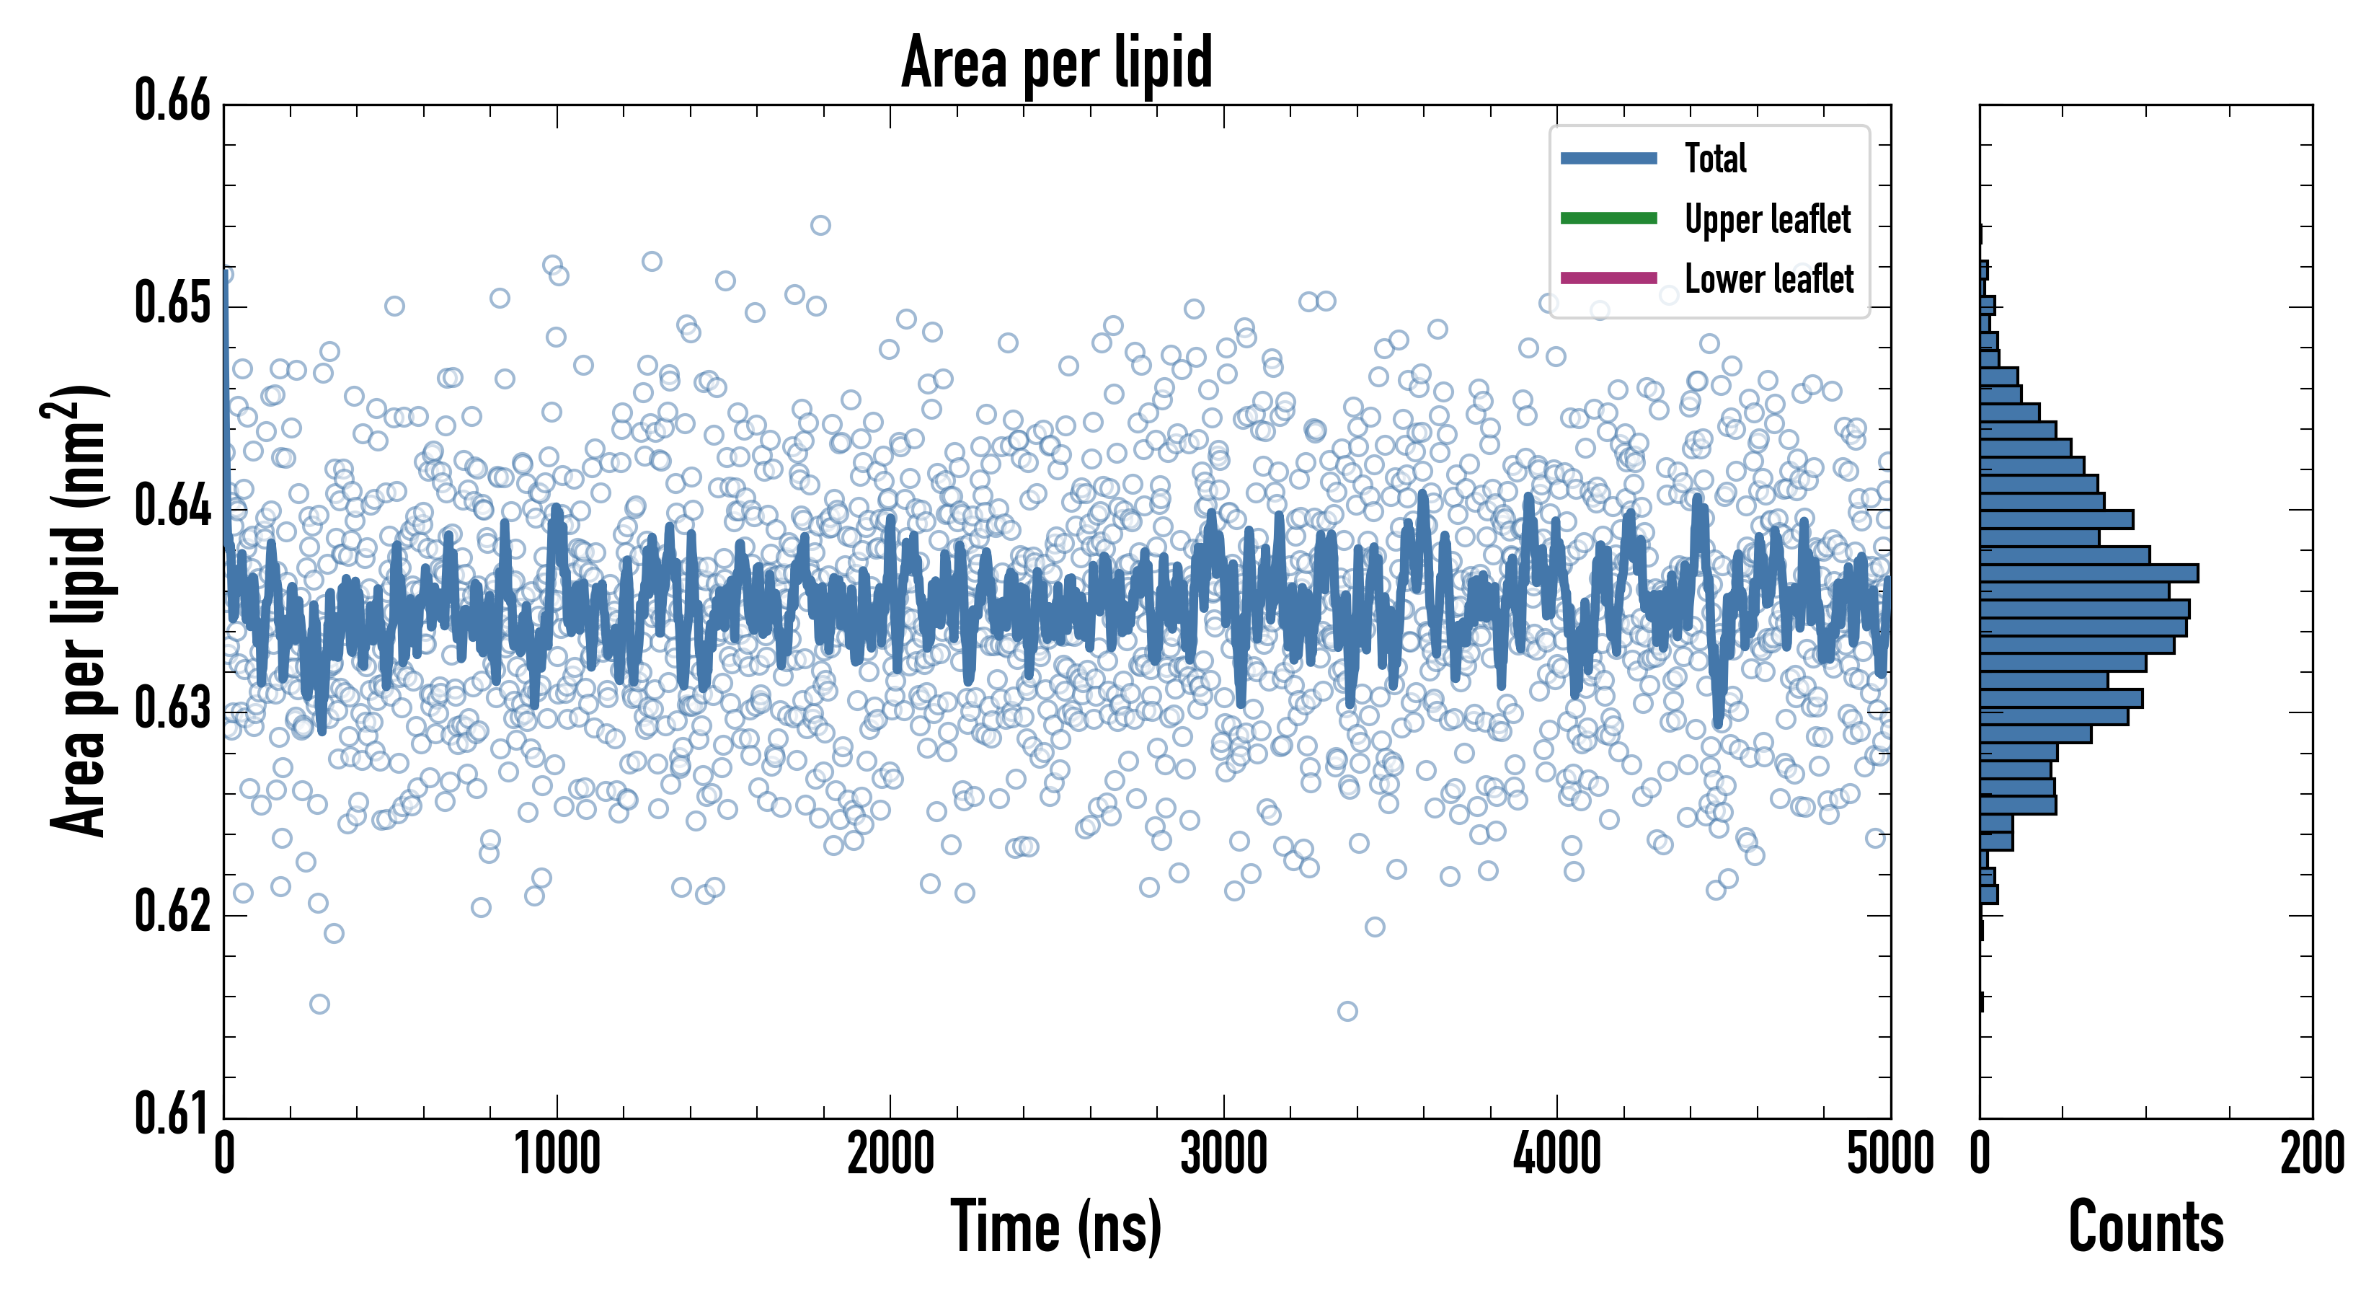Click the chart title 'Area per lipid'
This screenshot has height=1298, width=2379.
click(x=1057, y=63)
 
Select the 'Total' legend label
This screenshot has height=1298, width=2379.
click(x=1715, y=158)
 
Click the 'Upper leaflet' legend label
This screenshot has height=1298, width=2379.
click(x=1767, y=219)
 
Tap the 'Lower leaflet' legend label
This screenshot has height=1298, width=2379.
click(x=1768, y=278)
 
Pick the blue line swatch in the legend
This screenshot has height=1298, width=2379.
click(x=1608, y=158)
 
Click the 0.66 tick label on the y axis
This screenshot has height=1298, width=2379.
click(x=173, y=101)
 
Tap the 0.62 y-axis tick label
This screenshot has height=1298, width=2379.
click(x=173, y=911)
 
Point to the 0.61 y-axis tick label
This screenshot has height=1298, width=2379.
click(x=173, y=1113)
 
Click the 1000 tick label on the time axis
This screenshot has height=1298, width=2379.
click(x=557, y=1154)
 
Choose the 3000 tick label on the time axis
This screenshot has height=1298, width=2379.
click(x=1223, y=1154)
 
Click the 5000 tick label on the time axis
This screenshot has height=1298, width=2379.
click(x=1890, y=1154)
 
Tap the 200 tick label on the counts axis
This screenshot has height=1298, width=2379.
click(x=2311, y=1154)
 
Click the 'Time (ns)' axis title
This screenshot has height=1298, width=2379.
click(x=1057, y=1227)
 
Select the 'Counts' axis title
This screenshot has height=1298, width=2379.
click(x=2145, y=1227)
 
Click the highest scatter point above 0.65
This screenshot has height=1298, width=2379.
click(x=820, y=226)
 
